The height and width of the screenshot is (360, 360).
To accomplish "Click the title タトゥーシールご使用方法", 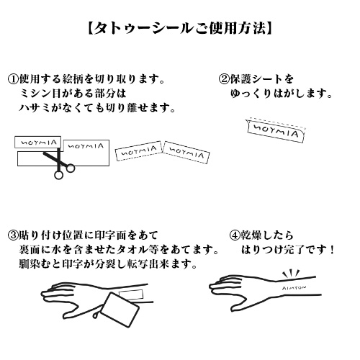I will tap(179, 29).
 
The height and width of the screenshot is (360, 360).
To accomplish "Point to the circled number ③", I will tap(13, 235).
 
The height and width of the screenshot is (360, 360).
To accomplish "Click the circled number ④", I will tap(235, 235).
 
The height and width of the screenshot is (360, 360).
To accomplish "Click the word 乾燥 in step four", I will tap(255, 235).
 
